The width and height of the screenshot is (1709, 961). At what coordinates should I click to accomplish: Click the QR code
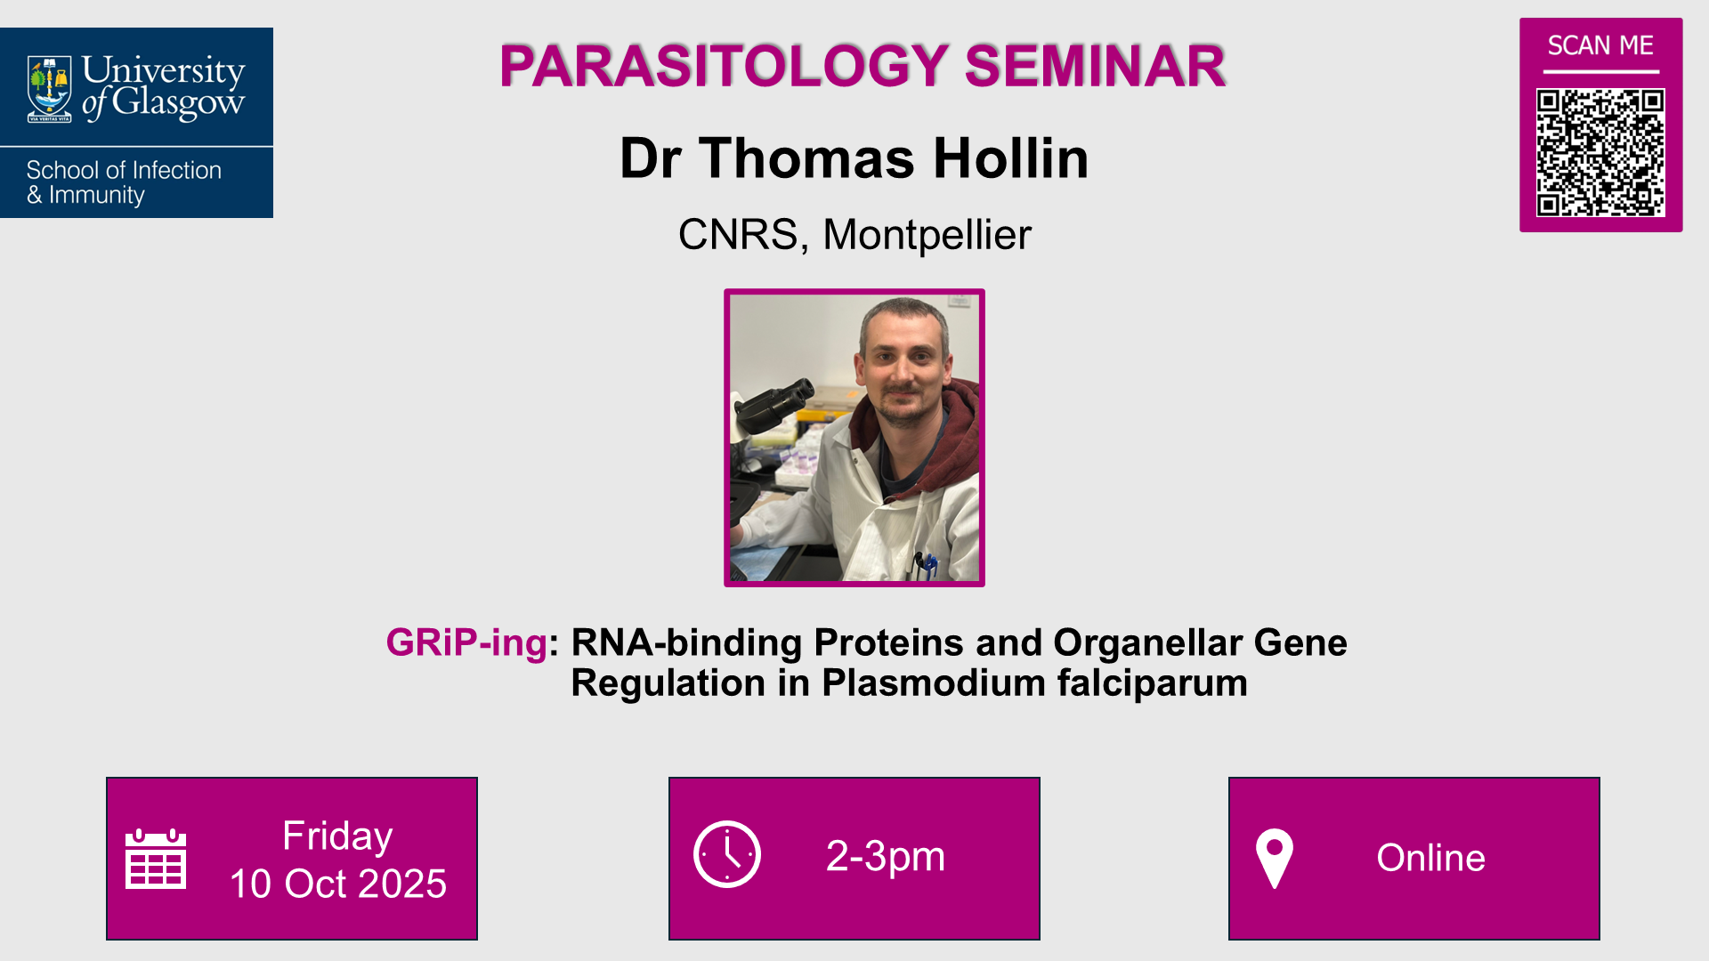(1600, 152)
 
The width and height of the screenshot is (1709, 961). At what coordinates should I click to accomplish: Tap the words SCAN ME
(1600, 45)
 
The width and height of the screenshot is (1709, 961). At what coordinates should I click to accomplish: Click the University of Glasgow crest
(50, 88)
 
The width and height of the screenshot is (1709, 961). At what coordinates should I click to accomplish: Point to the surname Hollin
(1010, 158)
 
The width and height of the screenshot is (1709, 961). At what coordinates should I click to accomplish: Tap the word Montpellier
(927, 235)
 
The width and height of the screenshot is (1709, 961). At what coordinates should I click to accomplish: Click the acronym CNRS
(738, 235)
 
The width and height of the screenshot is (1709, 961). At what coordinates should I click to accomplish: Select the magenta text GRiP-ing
(466, 642)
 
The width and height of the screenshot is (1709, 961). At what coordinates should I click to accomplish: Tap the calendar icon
(156, 859)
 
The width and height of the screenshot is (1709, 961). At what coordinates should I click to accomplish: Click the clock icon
(727, 854)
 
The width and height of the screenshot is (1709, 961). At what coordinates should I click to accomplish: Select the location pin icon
(1274, 858)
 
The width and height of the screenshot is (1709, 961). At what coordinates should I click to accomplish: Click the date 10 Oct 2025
(338, 884)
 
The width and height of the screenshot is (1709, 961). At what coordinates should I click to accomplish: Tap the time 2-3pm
(885, 856)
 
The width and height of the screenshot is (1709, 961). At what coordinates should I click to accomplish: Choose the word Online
(1430, 858)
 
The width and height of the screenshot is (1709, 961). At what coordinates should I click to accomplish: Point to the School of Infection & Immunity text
(124, 182)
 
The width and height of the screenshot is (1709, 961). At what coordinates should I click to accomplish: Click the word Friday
(337, 836)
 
